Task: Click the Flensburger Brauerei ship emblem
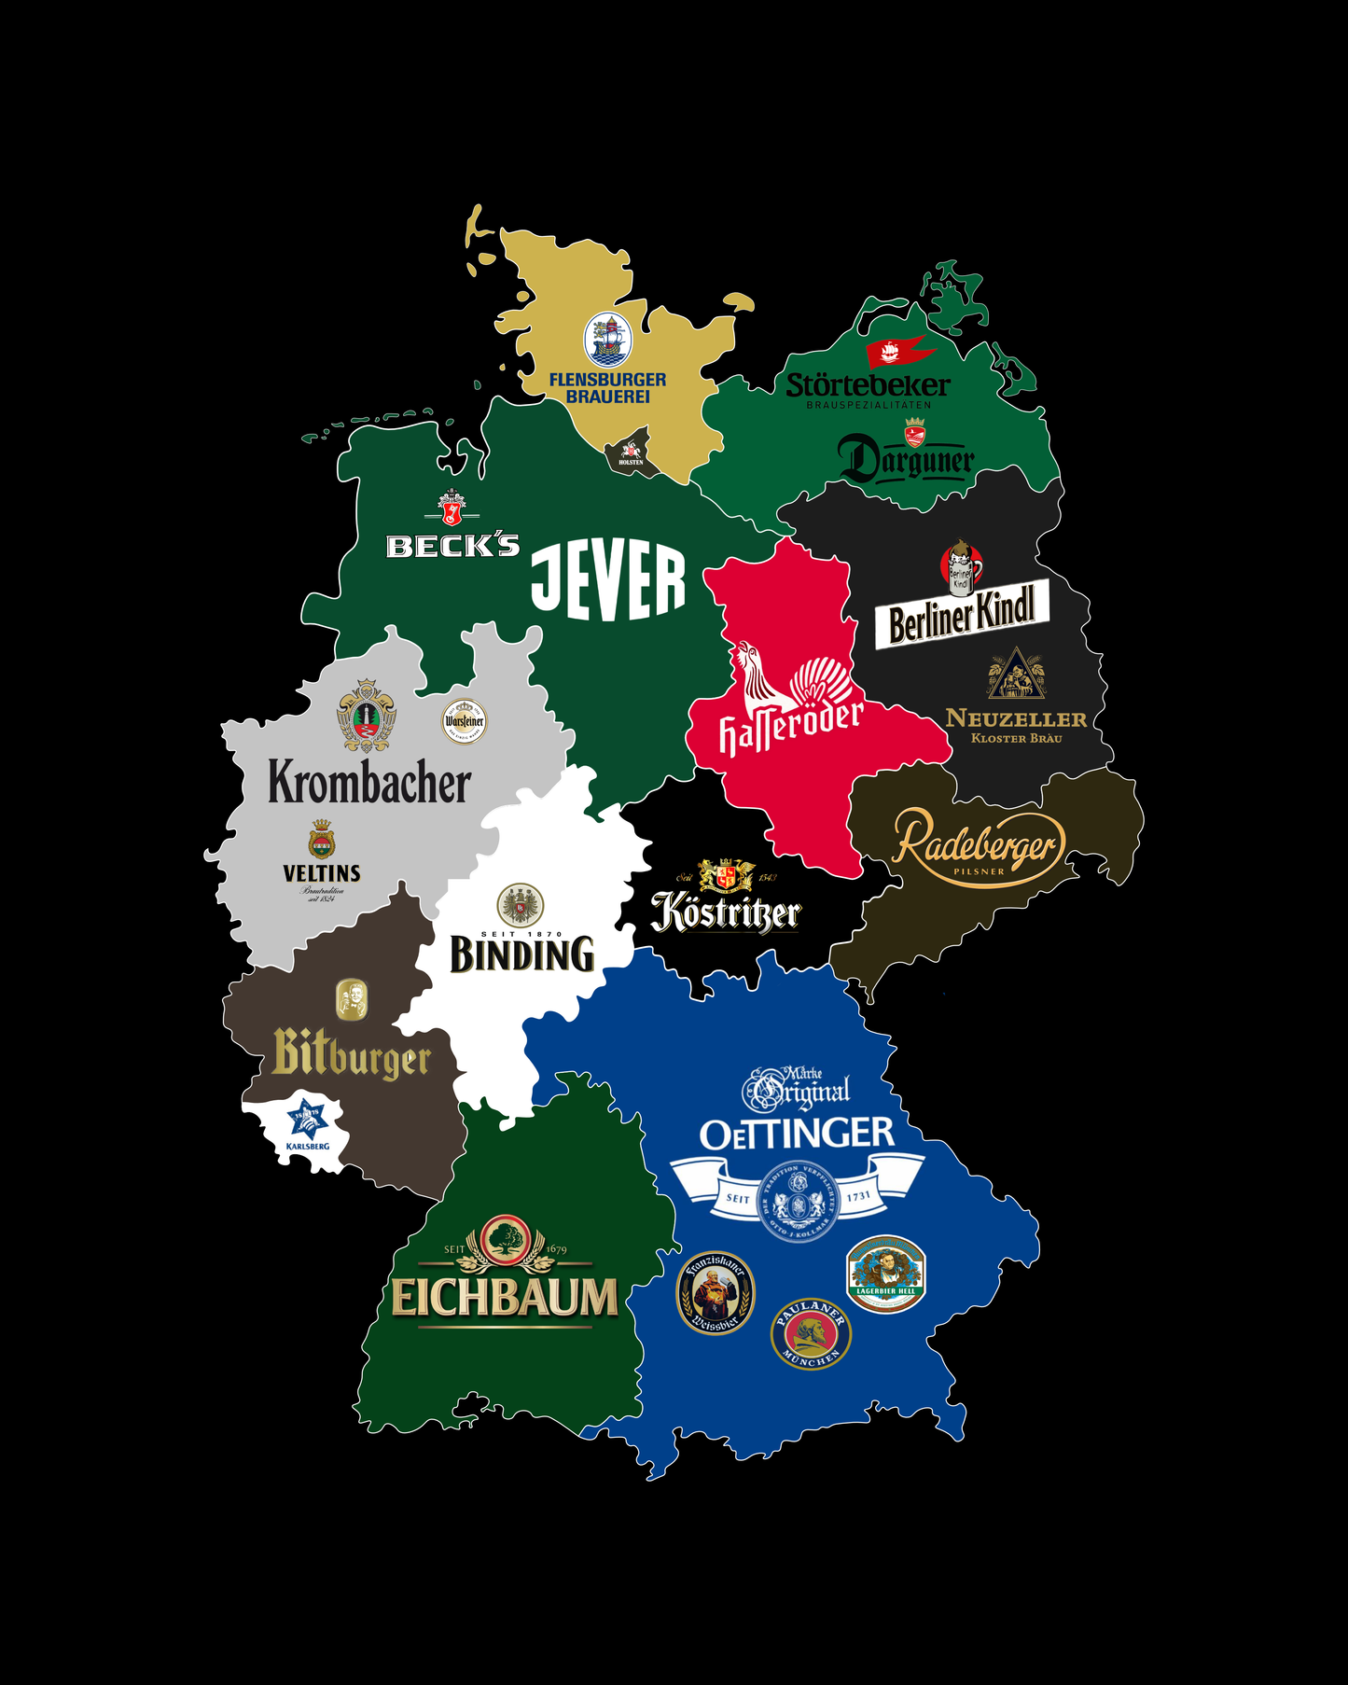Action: (x=607, y=340)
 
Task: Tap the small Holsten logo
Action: (x=632, y=453)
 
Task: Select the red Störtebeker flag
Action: (x=898, y=351)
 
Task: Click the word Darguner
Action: (x=906, y=460)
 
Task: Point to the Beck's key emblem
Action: (x=452, y=509)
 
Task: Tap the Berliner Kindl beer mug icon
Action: (x=961, y=567)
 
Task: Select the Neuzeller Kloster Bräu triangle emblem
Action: (x=1016, y=675)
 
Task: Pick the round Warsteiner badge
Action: (x=464, y=721)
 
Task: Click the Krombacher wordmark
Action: (x=369, y=782)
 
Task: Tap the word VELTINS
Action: (x=322, y=873)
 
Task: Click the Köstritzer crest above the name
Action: (x=727, y=875)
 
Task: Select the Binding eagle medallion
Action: (x=521, y=905)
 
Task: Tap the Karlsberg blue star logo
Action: (x=307, y=1117)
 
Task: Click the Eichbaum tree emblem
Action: (x=505, y=1241)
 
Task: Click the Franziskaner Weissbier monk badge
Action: (x=715, y=1293)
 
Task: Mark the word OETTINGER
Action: (x=797, y=1134)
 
